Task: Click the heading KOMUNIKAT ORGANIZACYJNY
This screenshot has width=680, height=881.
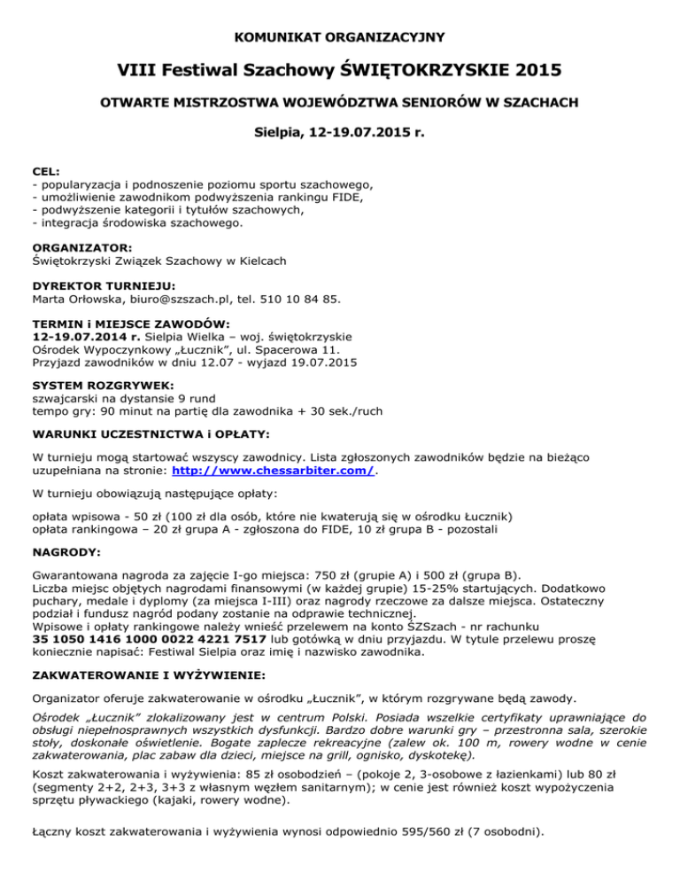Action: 340,37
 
